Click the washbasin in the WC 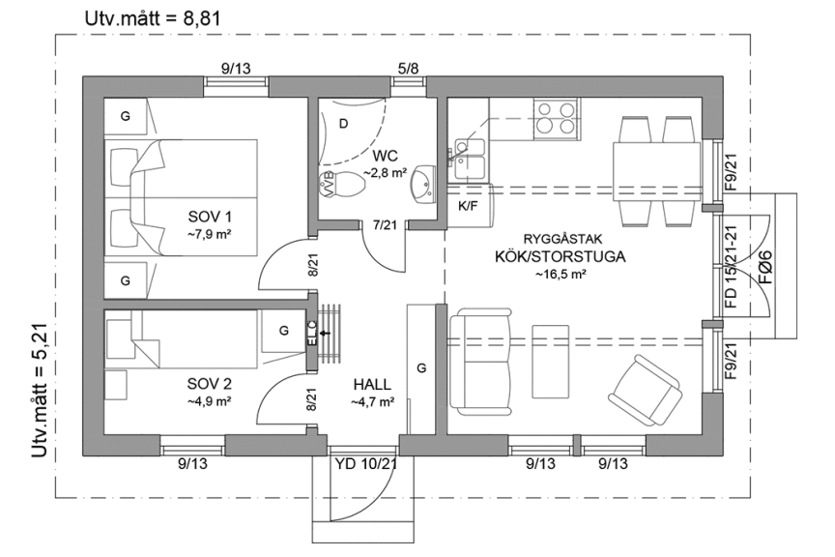pyautogui.click(x=423, y=183)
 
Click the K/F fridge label pyautogui.click(x=468, y=206)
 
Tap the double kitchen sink pyautogui.click(x=470, y=152)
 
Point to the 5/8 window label pyautogui.click(x=409, y=69)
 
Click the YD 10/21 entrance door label pyautogui.click(x=366, y=464)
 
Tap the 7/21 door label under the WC pyautogui.click(x=385, y=225)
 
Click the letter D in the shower pyautogui.click(x=343, y=123)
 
